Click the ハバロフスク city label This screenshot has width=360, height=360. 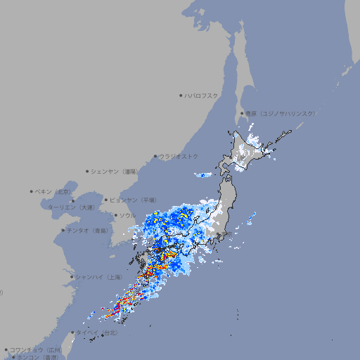coord(201,95)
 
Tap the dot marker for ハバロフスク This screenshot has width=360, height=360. coord(181,95)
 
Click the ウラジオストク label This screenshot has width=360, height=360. coord(179,156)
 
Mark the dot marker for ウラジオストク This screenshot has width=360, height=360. coord(155,156)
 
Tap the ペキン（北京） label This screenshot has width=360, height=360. coord(54,191)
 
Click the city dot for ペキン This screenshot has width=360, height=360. coord(32,191)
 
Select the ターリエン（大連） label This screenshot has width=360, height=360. coord(71,207)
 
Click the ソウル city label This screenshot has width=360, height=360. coord(127,215)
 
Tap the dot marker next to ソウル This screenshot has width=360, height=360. coord(115,215)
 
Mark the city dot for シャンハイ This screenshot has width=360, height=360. coord(72,277)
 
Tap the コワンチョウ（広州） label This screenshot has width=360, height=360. coord(36,349)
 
